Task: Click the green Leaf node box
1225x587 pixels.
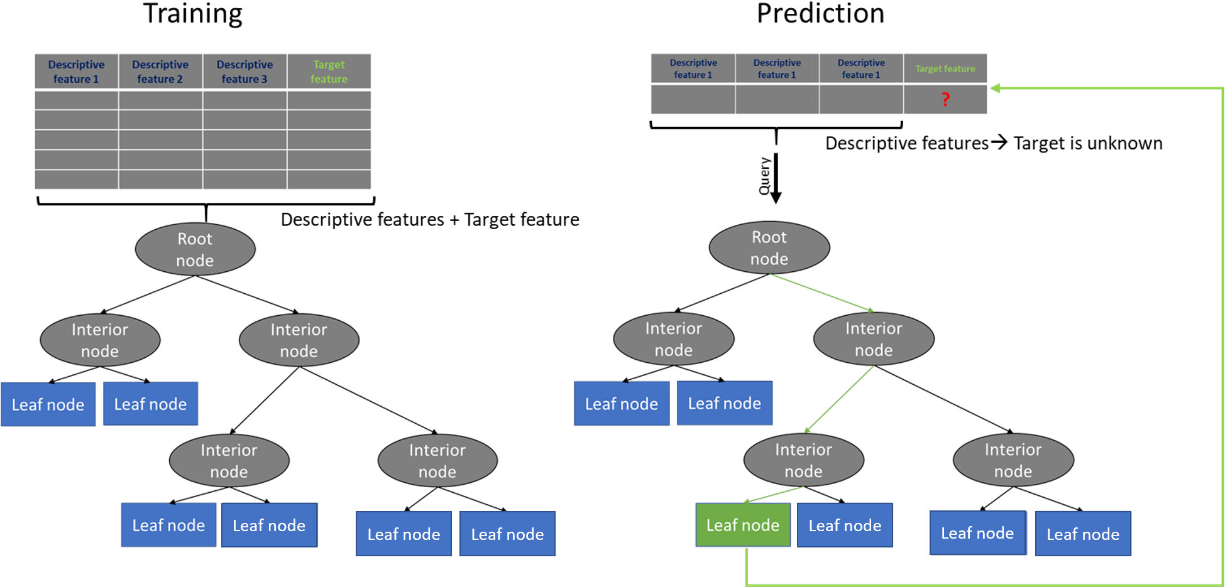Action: pos(742,525)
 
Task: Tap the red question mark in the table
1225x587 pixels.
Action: pos(945,99)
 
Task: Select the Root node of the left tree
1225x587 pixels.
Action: pos(195,249)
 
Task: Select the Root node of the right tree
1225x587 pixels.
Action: pos(769,247)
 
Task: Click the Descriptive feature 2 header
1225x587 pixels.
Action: pos(160,72)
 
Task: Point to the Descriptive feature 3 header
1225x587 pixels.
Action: pos(244,72)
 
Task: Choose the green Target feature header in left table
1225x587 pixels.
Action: pos(329,72)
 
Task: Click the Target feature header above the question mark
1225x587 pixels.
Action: pos(945,68)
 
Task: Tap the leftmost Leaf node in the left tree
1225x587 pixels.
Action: pos(48,404)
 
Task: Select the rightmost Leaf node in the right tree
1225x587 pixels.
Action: pos(1083,534)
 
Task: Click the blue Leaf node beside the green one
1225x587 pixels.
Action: pos(845,525)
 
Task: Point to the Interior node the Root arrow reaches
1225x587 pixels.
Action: pos(874,339)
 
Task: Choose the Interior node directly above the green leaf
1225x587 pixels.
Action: pos(803,460)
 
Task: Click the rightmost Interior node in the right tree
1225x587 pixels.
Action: pos(1013,460)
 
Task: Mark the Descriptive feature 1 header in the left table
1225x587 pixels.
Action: pos(76,72)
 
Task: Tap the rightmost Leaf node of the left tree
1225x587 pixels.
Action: pos(507,534)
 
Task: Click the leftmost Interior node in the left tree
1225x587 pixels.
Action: pos(100,340)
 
